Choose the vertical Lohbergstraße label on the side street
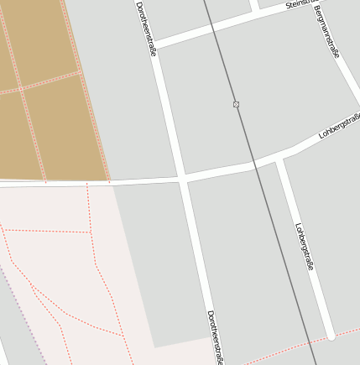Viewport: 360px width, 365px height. click(x=305, y=246)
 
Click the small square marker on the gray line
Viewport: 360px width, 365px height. click(x=236, y=104)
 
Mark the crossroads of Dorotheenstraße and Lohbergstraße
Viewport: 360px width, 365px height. click(x=182, y=178)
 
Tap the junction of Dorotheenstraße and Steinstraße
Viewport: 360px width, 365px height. click(x=154, y=43)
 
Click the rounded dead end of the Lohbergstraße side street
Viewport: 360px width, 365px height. click(x=331, y=336)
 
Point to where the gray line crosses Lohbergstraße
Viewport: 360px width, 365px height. click(x=253, y=164)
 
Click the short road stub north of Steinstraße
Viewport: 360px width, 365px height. click(x=253, y=6)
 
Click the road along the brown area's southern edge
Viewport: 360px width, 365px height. click(x=50, y=182)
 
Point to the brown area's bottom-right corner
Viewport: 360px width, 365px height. click(x=109, y=180)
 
